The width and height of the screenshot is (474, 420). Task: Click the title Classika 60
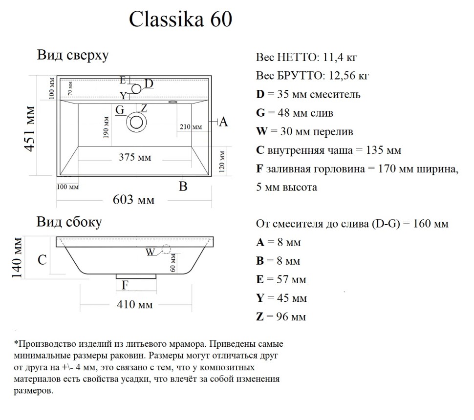(180, 20)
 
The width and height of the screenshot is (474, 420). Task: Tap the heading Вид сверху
(72, 55)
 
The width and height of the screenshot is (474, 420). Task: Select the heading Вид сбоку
(69, 222)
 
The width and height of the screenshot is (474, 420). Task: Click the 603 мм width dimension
(133, 199)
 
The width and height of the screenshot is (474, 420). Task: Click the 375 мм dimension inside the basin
(135, 157)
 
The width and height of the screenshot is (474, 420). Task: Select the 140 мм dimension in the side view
(17, 258)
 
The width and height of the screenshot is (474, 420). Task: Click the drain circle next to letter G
(136, 122)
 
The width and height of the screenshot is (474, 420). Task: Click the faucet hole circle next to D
(136, 88)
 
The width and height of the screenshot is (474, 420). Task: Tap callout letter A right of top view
(223, 123)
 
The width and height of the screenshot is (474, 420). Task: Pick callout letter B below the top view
(183, 186)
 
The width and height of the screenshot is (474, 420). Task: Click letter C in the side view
(43, 260)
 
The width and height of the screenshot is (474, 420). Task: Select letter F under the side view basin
(125, 285)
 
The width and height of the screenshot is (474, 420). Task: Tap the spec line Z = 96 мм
(281, 317)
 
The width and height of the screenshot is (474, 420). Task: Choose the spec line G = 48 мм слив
(295, 113)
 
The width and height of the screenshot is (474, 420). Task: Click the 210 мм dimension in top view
(190, 127)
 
